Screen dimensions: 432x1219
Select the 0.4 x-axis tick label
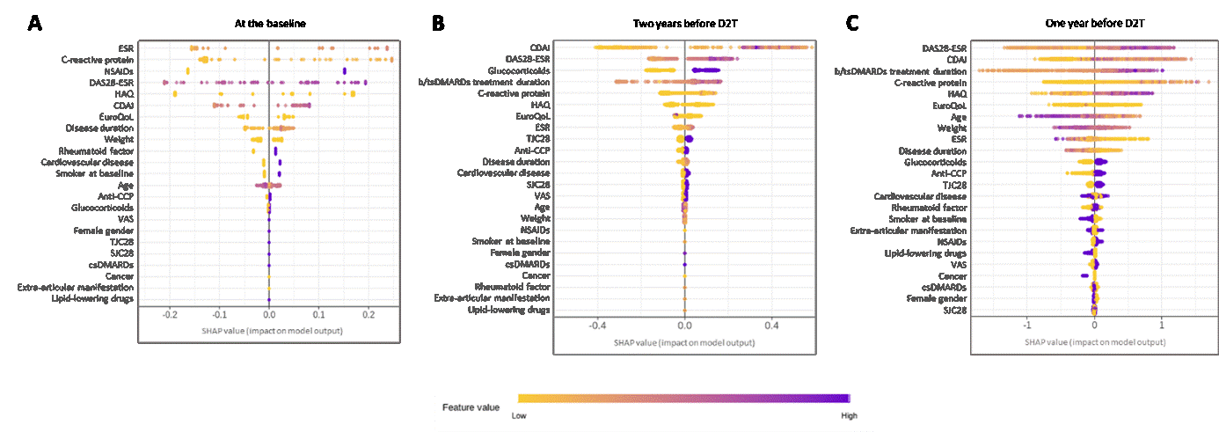pos(771,325)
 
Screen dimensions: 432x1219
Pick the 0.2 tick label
pos(369,313)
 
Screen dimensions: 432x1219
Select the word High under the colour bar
pos(848,415)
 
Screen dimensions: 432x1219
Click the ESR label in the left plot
pos(126,48)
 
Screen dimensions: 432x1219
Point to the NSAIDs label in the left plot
pos(119,70)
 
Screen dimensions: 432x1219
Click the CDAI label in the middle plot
pos(540,48)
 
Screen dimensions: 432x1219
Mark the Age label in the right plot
pos(959,116)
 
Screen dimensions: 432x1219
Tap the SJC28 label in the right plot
pos(955,310)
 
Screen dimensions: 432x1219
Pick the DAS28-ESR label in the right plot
pos(945,48)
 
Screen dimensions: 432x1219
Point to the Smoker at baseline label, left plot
pos(92,173)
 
